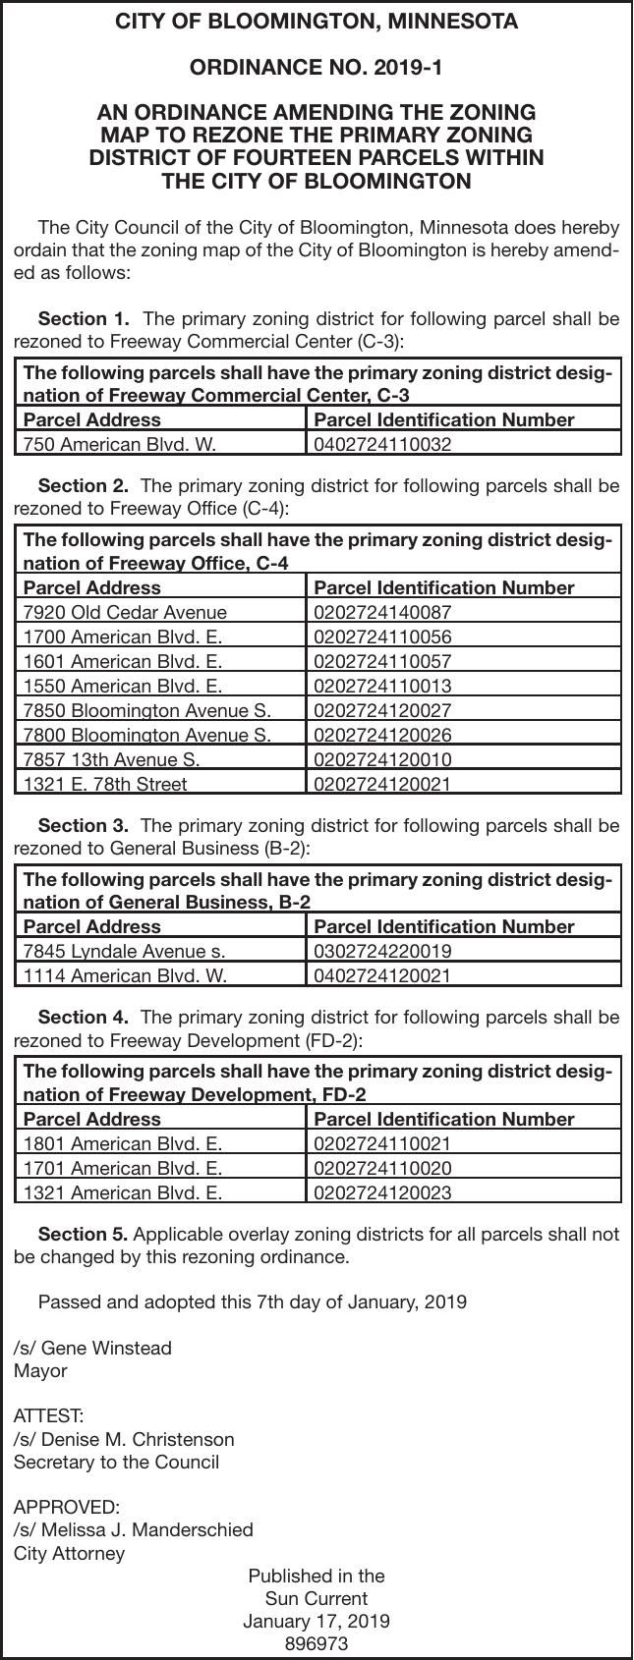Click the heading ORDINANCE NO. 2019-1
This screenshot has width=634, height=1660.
[317, 68]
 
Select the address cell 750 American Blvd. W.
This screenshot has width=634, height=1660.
[119, 444]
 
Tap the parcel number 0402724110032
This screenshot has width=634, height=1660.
[382, 444]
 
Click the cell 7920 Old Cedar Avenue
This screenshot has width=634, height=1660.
[125, 612]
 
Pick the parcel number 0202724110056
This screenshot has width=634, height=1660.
[382, 636]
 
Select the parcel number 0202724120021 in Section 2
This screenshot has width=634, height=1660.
[382, 784]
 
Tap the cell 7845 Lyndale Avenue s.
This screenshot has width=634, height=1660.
[124, 951]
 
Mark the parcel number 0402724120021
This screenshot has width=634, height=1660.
[382, 975]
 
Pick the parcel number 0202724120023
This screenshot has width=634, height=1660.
[382, 1193]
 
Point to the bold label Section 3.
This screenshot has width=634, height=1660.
[84, 825]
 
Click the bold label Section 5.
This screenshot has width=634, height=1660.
[84, 1235]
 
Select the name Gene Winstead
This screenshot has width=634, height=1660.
[105, 1348]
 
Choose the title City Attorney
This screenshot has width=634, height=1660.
[70, 1553]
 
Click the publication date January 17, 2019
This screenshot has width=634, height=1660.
[317, 1621]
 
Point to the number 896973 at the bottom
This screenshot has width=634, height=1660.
[317, 1643]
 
